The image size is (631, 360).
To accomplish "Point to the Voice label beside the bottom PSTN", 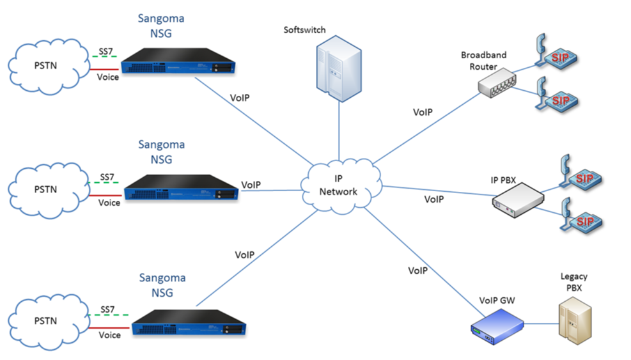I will (109, 334).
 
